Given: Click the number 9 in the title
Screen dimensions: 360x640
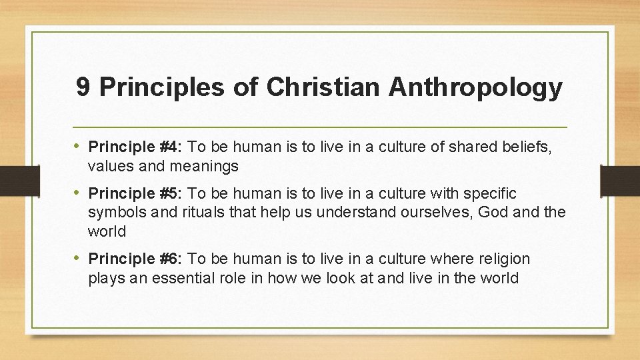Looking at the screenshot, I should click(x=83, y=87).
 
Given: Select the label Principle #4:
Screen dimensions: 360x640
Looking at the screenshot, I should click(x=136, y=147).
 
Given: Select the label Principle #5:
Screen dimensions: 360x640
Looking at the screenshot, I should click(x=136, y=194).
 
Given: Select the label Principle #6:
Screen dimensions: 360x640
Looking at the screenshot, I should click(x=136, y=259).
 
